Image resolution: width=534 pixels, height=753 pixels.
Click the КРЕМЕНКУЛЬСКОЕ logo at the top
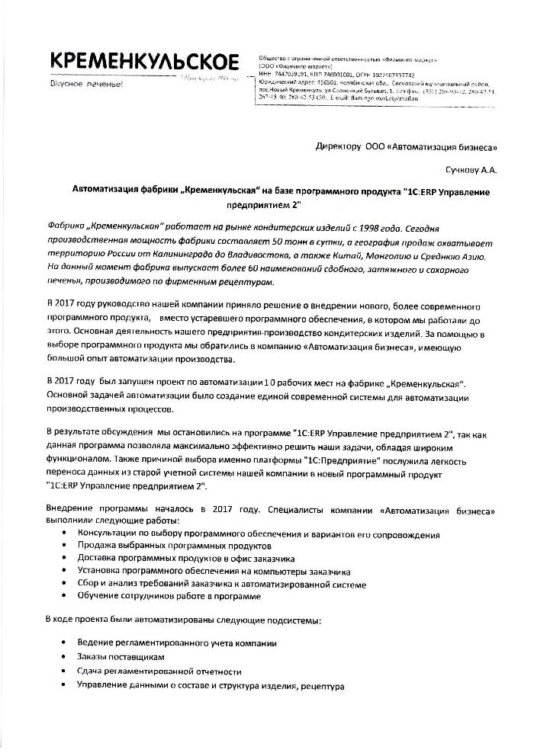tap(143, 63)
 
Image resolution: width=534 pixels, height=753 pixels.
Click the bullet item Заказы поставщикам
tap(121, 656)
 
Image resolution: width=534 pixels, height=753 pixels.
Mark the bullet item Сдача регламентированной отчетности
tap(159, 671)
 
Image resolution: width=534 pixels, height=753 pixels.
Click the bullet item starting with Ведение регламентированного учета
tap(176, 642)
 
